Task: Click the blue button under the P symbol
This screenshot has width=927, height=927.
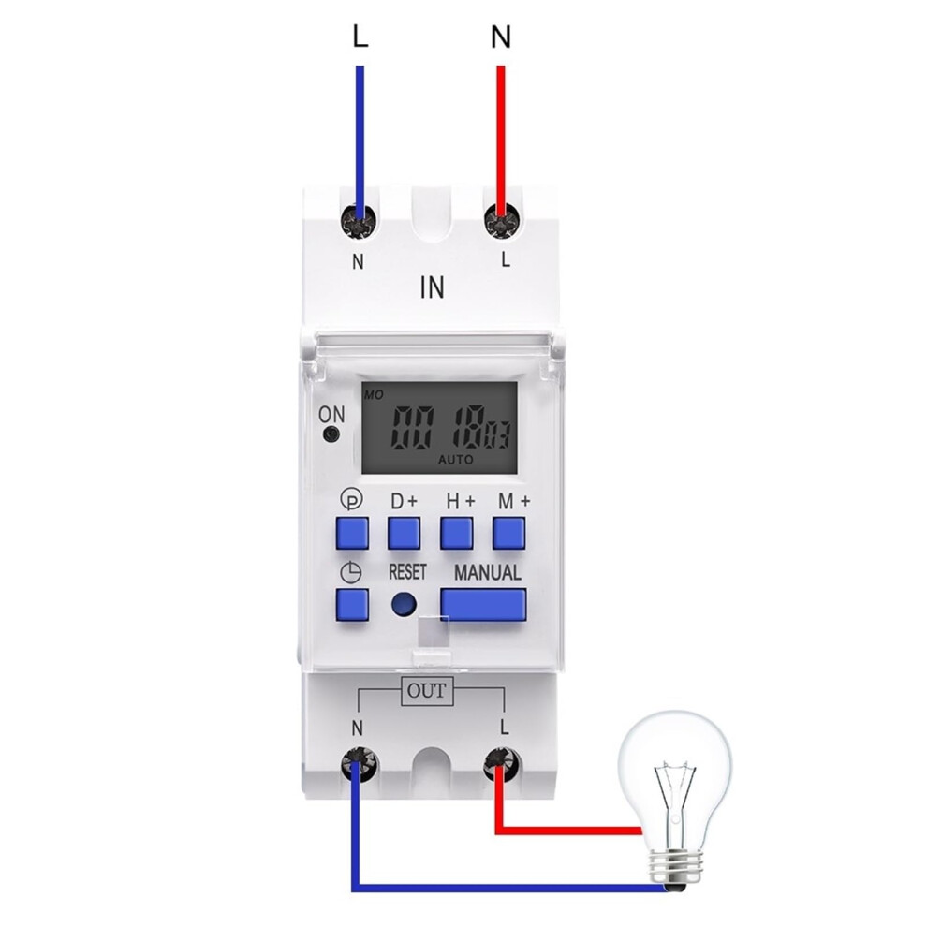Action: [352, 533]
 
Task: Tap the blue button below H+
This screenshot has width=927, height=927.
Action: [456, 533]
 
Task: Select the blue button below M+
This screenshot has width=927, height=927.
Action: [509, 533]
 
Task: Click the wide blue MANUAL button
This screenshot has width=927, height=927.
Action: [483, 604]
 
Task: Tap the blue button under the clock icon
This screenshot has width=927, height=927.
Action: [352, 604]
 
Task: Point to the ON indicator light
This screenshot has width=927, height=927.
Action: [332, 435]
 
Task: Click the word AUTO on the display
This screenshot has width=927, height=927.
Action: [455, 460]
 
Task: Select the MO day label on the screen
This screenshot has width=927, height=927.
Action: [374, 394]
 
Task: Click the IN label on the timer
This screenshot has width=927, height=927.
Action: [433, 287]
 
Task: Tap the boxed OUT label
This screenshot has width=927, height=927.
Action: [427, 691]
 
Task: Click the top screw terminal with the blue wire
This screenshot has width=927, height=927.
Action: [360, 221]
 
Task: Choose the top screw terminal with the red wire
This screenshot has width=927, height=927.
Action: [502, 221]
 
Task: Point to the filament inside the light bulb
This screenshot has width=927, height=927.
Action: [674, 779]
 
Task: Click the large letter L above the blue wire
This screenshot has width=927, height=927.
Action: [360, 37]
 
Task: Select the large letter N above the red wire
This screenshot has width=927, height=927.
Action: [501, 37]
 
